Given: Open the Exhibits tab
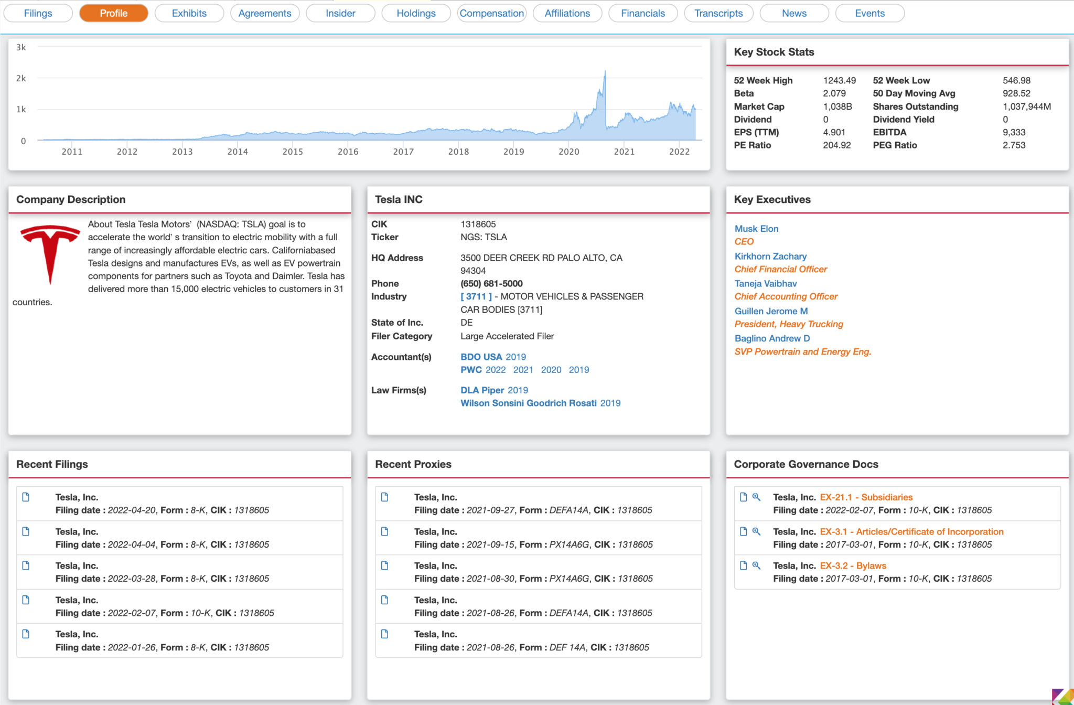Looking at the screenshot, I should [x=189, y=13].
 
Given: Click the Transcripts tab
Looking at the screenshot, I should [x=718, y=13].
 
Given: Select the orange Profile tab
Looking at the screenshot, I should [x=113, y=13].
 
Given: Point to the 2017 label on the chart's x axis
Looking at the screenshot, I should [x=403, y=152].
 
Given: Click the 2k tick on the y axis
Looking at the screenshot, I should [x=21, y=78].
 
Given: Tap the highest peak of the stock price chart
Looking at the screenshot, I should [x=605, y=72].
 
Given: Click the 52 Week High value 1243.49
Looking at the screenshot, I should [x=839, y=80].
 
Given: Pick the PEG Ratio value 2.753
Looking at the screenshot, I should [x=1014, y=145].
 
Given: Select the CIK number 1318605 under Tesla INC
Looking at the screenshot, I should [x=478, y=224].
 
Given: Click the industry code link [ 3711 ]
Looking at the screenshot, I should [x=476, y=296].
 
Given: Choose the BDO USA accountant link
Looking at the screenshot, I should [x=481, y=357].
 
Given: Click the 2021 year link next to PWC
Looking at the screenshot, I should [x=523, y=370].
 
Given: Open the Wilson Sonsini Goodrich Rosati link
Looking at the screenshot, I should [x=528, y=403].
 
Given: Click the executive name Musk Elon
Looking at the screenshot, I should [x=756, y=229].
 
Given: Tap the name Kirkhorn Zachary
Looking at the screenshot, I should [x=770, y=256].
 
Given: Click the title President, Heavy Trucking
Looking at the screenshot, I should [x=789, y=324].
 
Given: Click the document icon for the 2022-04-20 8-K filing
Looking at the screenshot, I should [x=26, y=497].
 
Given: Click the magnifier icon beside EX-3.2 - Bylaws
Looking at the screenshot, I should [x=756, y=565].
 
